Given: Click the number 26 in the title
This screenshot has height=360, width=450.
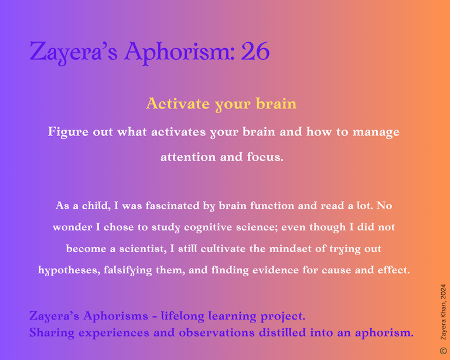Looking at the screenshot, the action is (255, 51).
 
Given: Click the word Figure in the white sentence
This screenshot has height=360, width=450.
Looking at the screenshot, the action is (69, 132).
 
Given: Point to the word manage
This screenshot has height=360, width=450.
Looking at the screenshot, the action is (376, 133).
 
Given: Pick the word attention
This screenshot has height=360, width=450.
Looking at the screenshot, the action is (188, 157).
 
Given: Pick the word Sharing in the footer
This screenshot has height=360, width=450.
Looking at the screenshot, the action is (52, 333).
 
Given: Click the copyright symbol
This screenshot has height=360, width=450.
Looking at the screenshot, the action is (443, 351).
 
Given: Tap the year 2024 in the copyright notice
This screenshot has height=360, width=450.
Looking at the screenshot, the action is (444, 291).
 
